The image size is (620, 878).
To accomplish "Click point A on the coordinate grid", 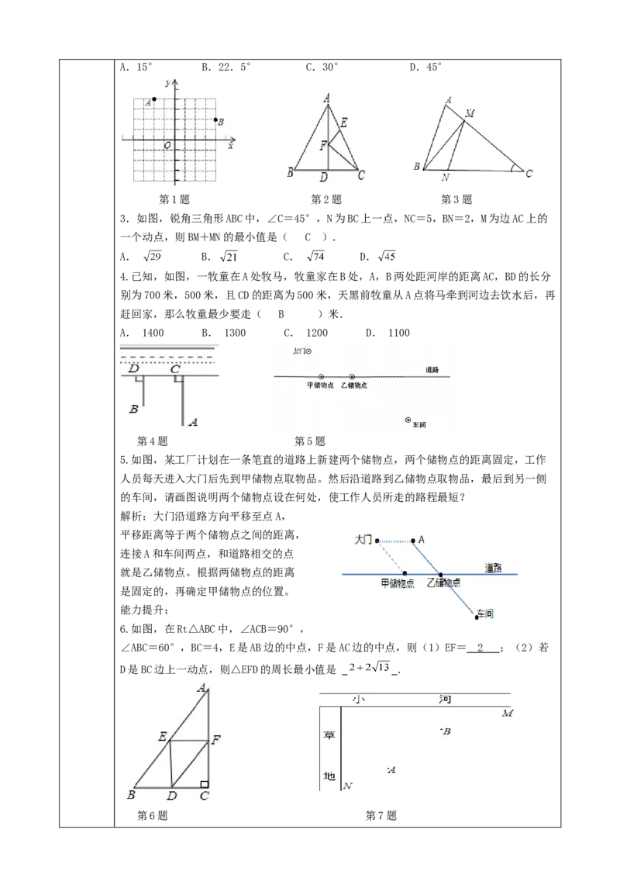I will point(154,99).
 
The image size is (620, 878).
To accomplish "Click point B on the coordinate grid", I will point(215,119).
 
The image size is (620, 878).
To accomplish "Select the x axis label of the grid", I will point(230,145).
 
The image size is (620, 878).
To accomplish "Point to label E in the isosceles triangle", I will point(343,122).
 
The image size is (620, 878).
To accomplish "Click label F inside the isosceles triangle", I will point(323,145).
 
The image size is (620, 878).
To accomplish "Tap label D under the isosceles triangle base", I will point(323,178).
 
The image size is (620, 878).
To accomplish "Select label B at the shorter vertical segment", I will point(134,408).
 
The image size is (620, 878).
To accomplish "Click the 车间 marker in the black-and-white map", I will point(408,420).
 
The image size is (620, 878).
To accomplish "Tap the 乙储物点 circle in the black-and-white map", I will point(352,376).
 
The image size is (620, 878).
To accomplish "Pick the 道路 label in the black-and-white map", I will point(432,369).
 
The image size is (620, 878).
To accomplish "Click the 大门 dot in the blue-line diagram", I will point(377,541).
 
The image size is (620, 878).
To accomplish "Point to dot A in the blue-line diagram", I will point(413,540).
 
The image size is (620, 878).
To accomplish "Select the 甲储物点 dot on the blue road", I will point(405,574).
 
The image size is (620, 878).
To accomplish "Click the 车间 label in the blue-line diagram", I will point(486,614).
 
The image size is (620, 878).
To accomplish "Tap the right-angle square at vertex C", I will point(204,785).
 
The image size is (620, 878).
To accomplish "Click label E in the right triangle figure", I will point(162,737).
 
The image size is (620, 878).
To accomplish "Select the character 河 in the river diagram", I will point(445,700).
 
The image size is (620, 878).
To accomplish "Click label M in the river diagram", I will point(507,713).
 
